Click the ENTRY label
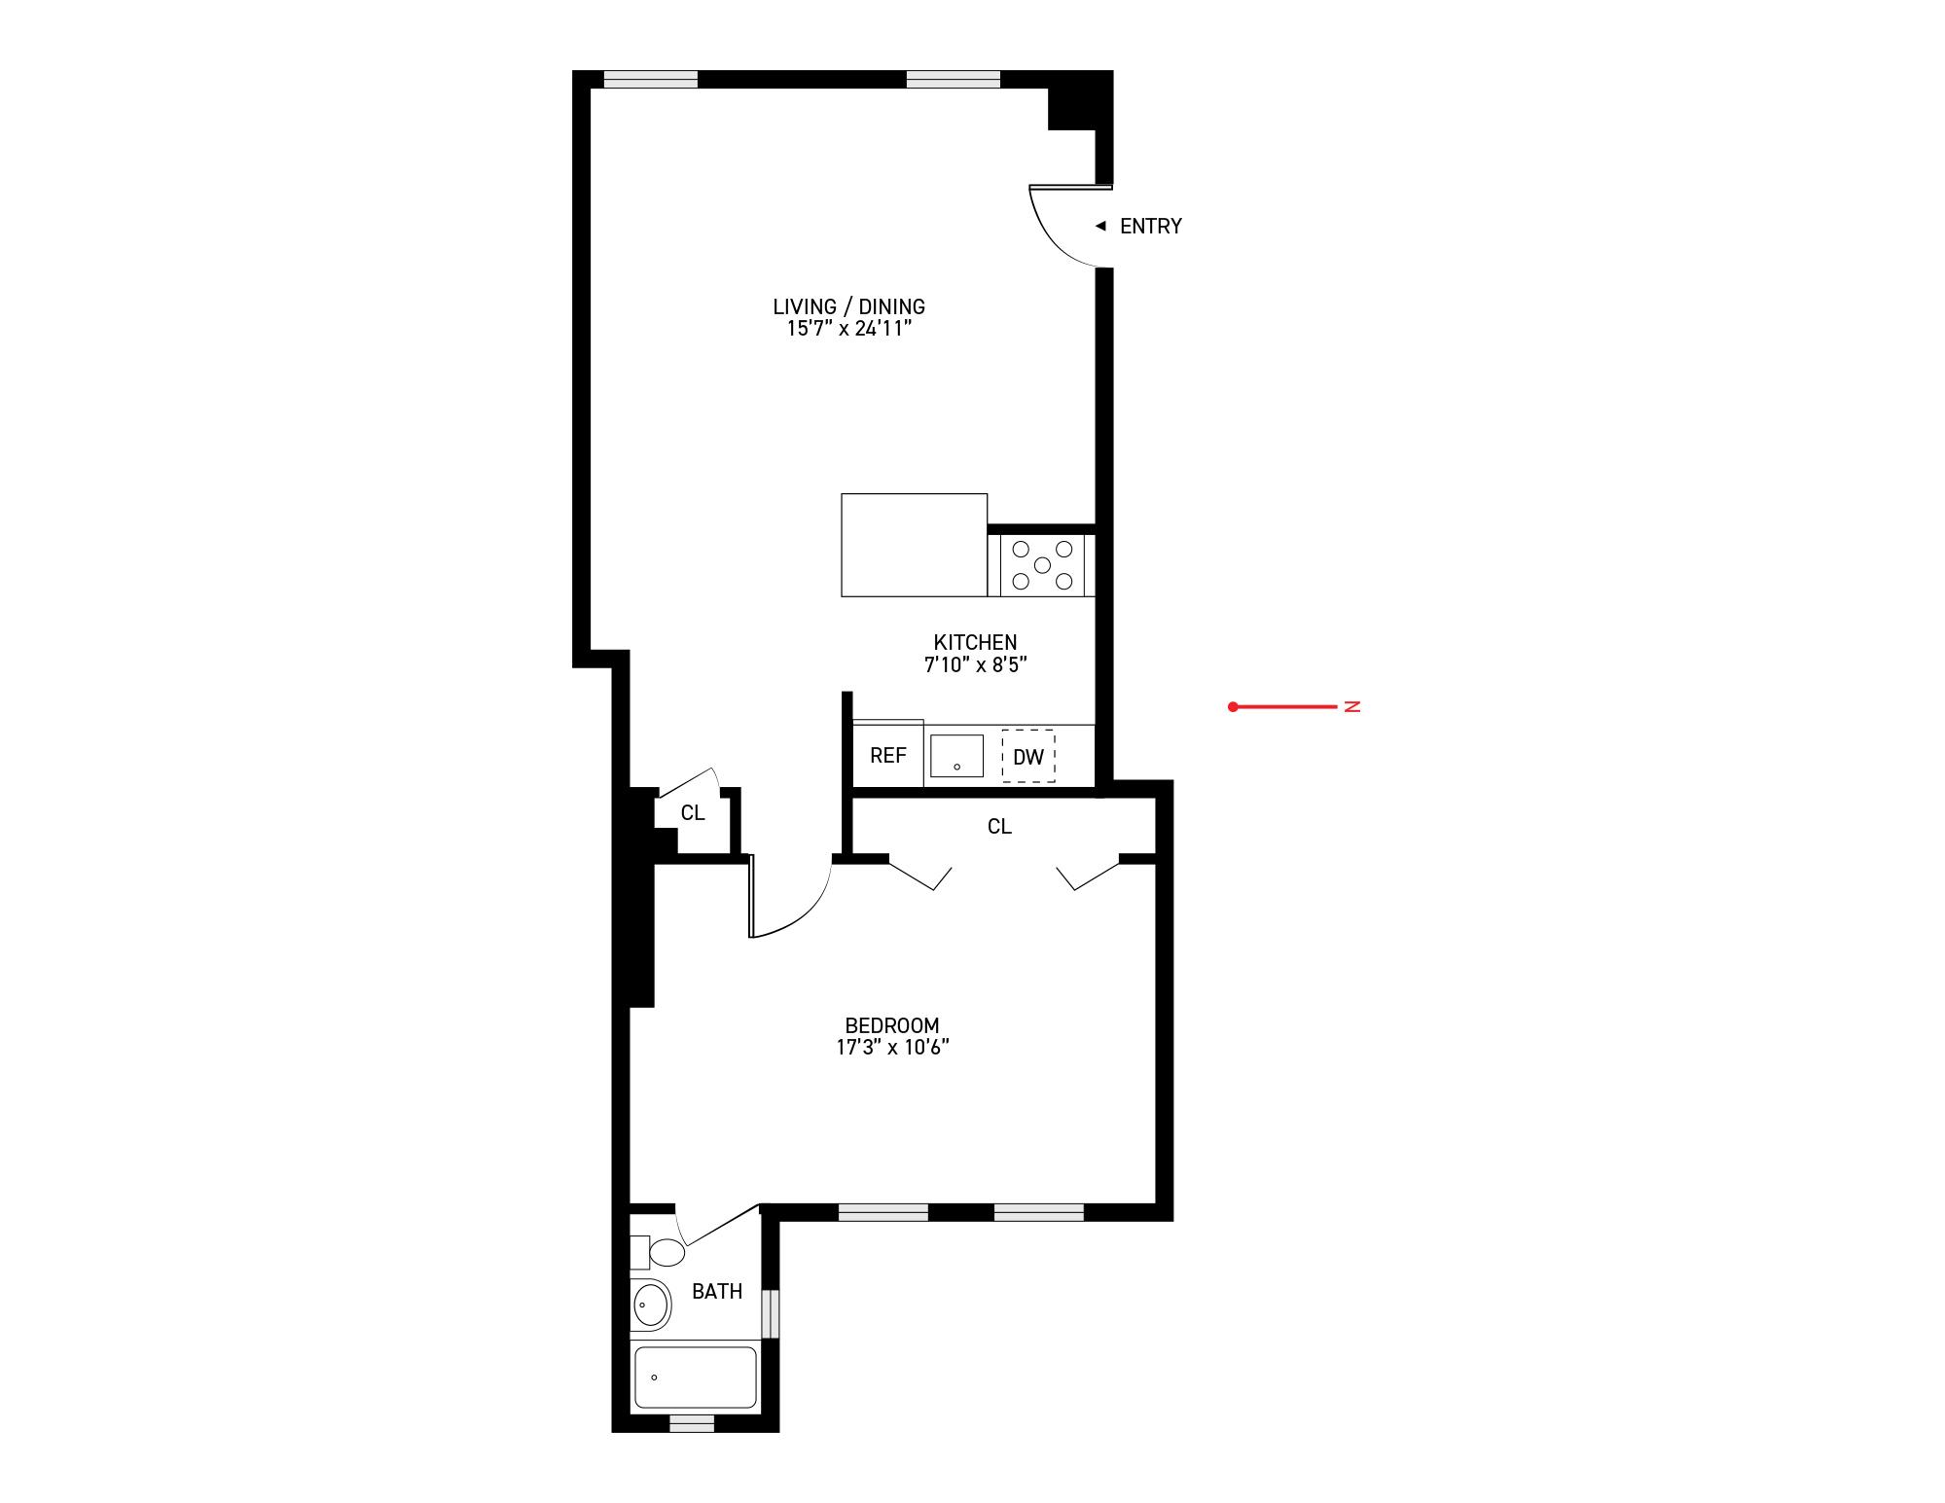1150,227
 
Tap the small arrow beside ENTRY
1100,226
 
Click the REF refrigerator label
887,756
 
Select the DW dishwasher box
1028,756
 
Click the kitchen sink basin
956,756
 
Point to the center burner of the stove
1042,565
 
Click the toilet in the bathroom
666,1252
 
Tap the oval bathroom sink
651,1304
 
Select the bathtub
695,1377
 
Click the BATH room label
717,1292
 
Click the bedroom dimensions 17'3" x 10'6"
892,1048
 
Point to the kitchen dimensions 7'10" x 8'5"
976,665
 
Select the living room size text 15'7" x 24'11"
848,329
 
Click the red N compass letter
1351,706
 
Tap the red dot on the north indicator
1233,707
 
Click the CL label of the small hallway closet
693,813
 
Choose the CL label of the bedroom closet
999,827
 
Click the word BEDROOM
892,1025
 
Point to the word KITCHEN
975,642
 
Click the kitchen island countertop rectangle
914,545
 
